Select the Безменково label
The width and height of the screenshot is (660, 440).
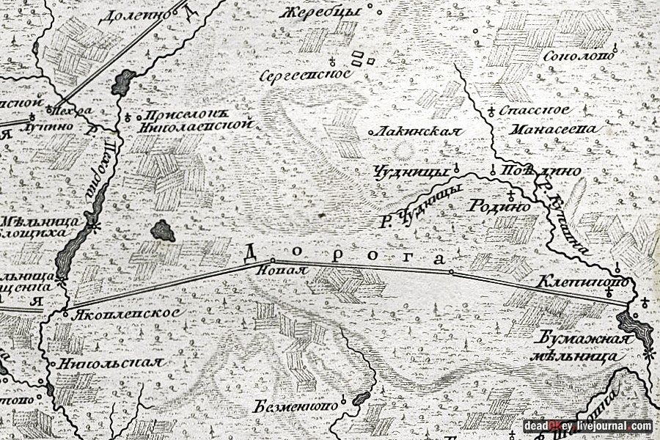297,405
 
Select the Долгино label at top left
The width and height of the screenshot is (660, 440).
139,14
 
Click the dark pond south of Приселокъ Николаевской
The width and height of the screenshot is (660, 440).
164,230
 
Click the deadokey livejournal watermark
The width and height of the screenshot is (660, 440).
587,425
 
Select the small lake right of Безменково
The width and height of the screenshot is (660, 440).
360,398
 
